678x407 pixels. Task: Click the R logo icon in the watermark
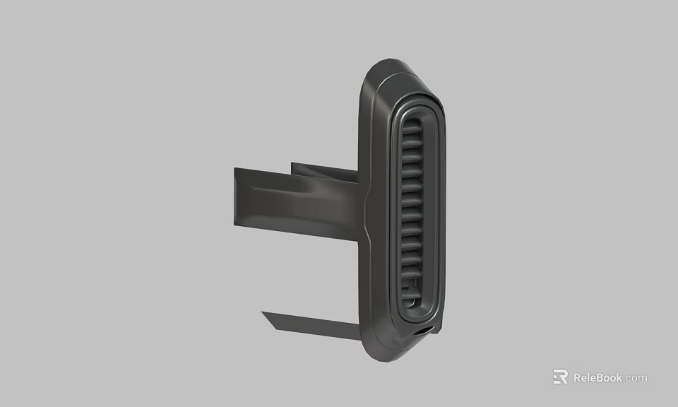[560, 377]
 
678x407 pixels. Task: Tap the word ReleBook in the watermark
[597, 377]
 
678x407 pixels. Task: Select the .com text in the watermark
[635, 378]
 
